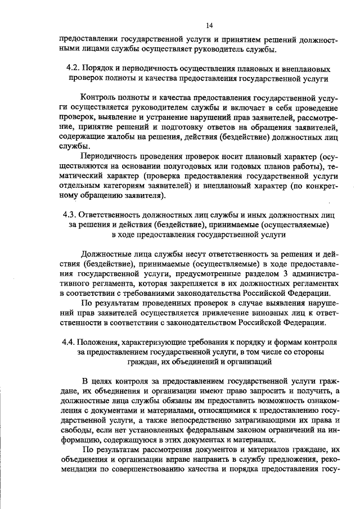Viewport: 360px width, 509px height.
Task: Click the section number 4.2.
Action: coord(74,68)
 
